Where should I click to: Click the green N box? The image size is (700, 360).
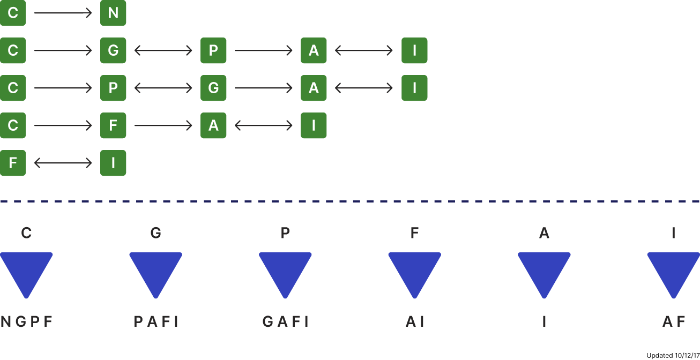(x=113, y=13)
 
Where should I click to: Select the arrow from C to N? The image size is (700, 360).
(x=63, y=13)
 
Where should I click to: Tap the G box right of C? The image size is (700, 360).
(x=113, y=50)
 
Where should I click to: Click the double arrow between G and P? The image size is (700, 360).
(x=163, y=50)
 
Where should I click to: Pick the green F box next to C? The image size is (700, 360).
(x=113, y=125)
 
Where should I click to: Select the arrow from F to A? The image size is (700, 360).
(x=163, y=125)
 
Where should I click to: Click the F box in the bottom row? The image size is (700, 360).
(x=13, y=163)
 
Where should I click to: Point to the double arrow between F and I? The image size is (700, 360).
(x=63, y=163)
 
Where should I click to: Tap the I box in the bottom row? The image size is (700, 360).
(x=113, y=163)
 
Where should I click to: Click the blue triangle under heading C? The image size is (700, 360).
(x=26, y=272)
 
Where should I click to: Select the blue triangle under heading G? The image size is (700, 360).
(x=155, y=272)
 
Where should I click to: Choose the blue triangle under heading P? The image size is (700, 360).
(x=285, y=272)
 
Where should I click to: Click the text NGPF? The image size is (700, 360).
(x=27, y=321)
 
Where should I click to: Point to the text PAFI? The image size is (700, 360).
(x=156, y=321)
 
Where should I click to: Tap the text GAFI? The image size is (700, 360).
(x=285, y=321)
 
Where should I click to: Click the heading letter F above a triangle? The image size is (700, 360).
(x=414, y=233)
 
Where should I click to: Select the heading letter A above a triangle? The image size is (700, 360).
(x=544, y=233)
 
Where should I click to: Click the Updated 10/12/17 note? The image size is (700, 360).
(x=673, y=355)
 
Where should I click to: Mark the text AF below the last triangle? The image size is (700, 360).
(x=673, y=321)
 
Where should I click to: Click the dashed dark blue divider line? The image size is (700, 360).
(x=350, y=201)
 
